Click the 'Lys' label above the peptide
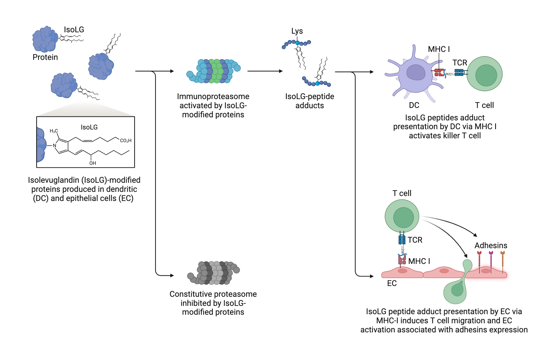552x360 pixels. (297, 31)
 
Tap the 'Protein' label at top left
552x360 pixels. (45, 57)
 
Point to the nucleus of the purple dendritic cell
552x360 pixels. (416, 73)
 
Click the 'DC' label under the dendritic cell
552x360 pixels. (414, 105)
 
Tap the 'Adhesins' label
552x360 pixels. (491, 245)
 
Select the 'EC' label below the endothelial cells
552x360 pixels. (392, 283)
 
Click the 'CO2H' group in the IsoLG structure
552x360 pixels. (126, 141)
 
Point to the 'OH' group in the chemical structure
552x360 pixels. (92, 163)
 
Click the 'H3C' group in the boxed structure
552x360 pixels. (54, 131)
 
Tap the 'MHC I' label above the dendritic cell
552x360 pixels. (439, 49)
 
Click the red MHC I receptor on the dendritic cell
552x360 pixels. (439, 73)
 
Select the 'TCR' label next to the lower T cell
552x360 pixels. (415, 240)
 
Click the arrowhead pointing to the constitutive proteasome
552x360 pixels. (172, 276)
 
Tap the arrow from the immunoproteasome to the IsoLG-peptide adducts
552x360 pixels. (265, 71)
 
